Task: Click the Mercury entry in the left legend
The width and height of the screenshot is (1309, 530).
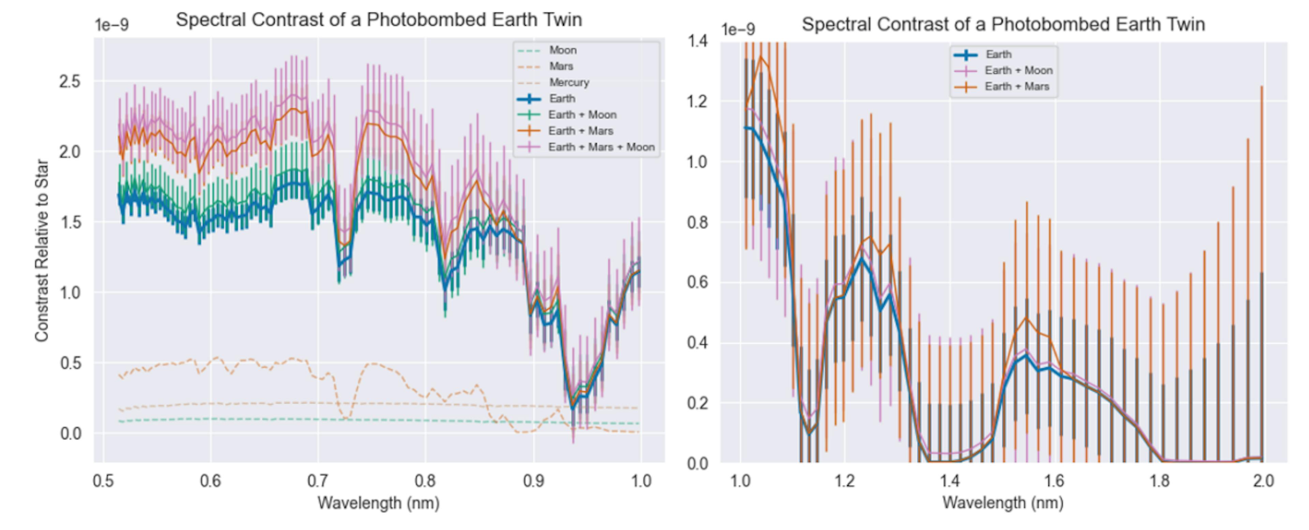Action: (x=569, y=82)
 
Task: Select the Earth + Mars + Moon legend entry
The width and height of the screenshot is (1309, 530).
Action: (x=601, y=147)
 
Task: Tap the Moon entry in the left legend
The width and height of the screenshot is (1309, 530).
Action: (x=562, y=50)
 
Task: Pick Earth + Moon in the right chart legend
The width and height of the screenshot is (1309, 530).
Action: (x=1018, y=70)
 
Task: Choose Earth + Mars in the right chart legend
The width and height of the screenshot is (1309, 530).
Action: (x=1016, y=86)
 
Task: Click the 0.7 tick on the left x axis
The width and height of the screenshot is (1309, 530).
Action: (x=318, y=481)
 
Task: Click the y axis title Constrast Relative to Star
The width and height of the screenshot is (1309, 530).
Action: (x=42, y=251)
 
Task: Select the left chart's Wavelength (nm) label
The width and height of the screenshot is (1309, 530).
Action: (x=379, y=503)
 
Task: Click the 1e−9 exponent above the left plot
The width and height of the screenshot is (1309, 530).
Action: (x=112, y=25)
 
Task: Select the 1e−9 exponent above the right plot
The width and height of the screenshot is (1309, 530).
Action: (x=738, y=29)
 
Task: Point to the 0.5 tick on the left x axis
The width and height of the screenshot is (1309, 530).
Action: (x=103, y=481)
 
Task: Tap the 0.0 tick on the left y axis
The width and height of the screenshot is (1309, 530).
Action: (x=71, y=434)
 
